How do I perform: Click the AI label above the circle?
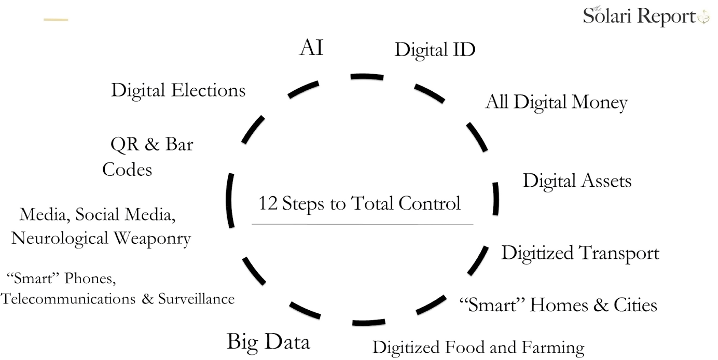click(312, 48)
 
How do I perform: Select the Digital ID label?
click(435, 50)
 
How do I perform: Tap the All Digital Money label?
click(556, 103)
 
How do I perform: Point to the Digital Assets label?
click(577, 181)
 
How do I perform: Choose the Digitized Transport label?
click(580, 254)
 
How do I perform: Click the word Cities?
click(636, 304)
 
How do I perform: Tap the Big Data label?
click(268, 342)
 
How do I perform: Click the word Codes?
click(127, 170)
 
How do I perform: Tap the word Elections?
click(210, 91)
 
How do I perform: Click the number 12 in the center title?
click(268, 203)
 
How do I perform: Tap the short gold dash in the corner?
click(56, 20)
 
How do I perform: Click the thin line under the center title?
click(362, 224)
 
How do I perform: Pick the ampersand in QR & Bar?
click(151, 145)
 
